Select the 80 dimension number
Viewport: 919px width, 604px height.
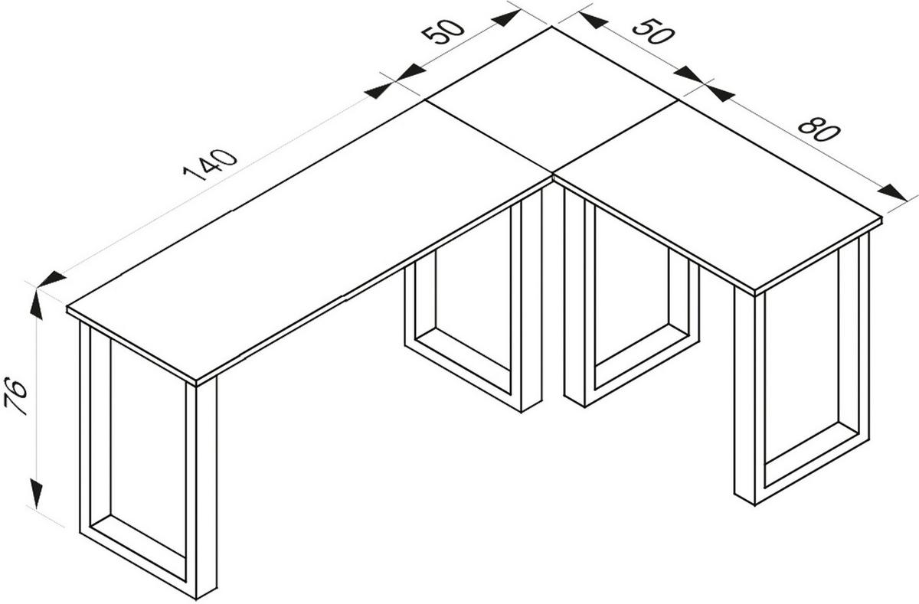pyautogui.click(x=819, y=129)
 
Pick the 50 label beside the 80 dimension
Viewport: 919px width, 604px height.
pyautogui.click(x=652, y=31)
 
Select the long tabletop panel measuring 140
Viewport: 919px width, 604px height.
pyautogui.click(x=306, y=245)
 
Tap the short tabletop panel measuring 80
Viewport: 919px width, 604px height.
pyautogui.click(x=720, y=199)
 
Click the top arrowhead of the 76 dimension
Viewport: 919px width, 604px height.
pyautogui.click(x=36, y=304)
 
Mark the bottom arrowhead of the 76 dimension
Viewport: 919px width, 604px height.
pyautogui.click(x=36, y=491)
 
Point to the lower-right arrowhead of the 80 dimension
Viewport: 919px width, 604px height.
pyautogui.click(x=893, y=192)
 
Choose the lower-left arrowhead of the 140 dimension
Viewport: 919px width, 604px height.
pyautogui.click(x=51, y=279)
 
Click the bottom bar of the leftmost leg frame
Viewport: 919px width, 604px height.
pyautogui.click(x=138, y=550)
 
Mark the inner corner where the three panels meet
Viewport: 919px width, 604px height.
pyautogui.click(x=552, y=175)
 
